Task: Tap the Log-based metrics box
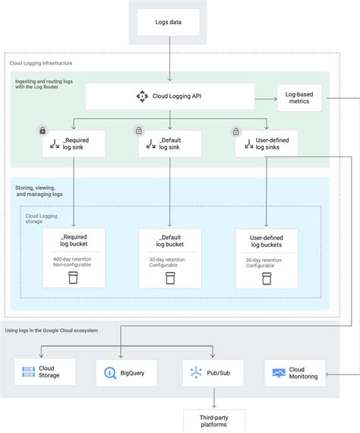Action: tap(298, 97)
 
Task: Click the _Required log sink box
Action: tap(74, 144)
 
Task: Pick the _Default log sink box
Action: tap(170, 144)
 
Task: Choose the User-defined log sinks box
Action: tap(267, 144)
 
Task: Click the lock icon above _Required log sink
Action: tap(43, 131)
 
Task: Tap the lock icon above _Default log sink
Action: tap(139, 131)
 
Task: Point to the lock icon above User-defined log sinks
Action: tap(235, 131)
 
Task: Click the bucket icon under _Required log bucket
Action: tap(74, 277)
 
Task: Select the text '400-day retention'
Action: tap(73, 260)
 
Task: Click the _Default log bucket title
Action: tap(170, 241)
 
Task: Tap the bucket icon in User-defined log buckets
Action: tap(267, 278)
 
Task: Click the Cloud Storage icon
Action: tap(29, 372)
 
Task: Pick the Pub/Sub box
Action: tap(213, 373)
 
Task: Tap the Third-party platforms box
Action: tap(213, 421)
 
